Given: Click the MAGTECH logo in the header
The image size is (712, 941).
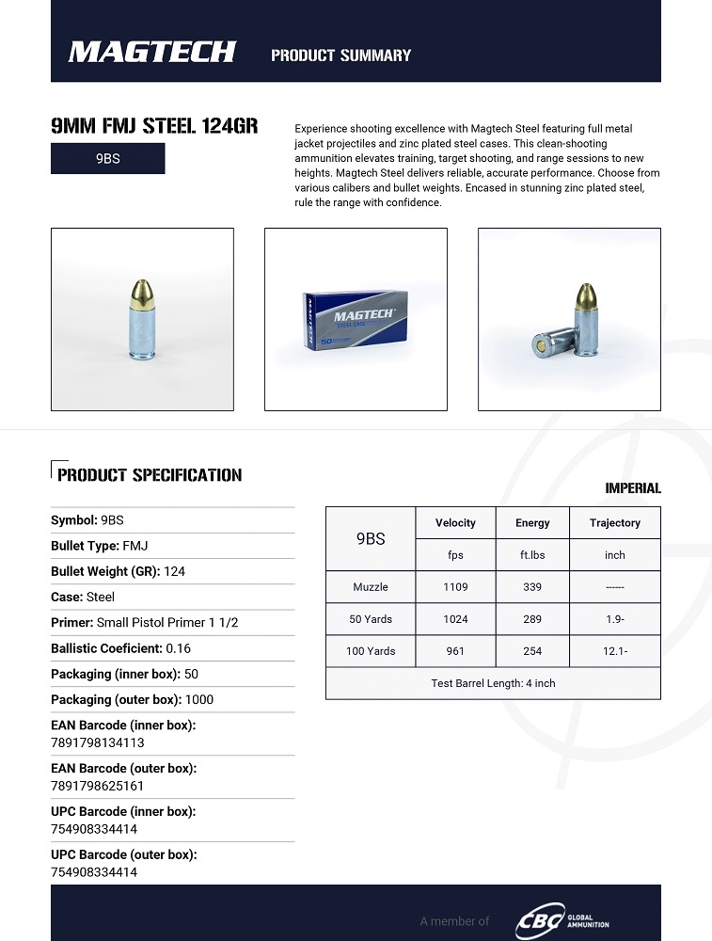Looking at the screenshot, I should tap(151, 52).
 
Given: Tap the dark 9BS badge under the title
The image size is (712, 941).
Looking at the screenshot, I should tap(107, 159).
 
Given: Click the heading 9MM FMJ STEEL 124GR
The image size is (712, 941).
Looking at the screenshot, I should tap(153, 126).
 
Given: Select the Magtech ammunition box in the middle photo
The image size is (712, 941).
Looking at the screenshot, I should tap(356, 320).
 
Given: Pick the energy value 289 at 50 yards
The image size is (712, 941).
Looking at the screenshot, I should tap(532, 619).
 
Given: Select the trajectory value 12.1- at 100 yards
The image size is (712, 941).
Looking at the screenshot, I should tap(614, 651).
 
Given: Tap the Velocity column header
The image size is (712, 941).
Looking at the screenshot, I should tap(455, 523).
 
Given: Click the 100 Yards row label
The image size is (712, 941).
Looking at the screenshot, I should tap(371, 651).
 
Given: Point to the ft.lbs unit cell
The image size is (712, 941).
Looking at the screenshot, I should tap(532, 555).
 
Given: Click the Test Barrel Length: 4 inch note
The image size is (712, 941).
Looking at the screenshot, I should tap(493, 683).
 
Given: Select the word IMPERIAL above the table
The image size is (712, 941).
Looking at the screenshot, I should tap(633, 488).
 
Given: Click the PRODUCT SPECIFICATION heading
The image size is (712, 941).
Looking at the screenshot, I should tap(150, 475).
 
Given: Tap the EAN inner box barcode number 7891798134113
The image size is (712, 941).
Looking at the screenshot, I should tap(98, 742).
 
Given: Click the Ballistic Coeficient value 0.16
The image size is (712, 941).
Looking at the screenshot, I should tap(178, 648).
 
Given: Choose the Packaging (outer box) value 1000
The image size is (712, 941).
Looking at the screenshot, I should tap(198, 699).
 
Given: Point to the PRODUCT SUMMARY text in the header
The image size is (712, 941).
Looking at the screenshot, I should tap(340, 56).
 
